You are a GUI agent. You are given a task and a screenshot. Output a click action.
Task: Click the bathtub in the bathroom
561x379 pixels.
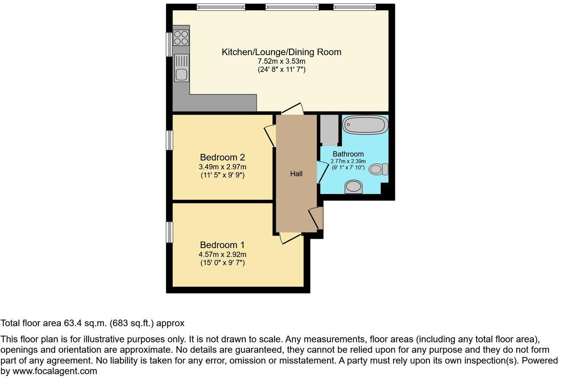(x=365, y=125)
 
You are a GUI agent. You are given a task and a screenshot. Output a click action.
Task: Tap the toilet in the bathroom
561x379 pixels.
(x=379, y=169)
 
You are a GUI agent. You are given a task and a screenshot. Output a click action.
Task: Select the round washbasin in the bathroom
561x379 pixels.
(x=354, y=186)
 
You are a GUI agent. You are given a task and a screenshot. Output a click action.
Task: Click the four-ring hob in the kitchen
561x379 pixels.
(x=181, y=38)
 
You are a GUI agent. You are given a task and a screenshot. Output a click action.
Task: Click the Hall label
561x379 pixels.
(x=296, y=174)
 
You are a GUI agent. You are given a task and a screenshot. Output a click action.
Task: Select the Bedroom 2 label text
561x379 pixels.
(x=222, y=157)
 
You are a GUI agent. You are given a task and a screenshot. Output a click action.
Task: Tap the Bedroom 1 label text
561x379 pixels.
(x=222, y=245)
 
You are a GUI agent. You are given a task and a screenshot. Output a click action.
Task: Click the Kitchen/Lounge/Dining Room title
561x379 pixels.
(x=281, y=52)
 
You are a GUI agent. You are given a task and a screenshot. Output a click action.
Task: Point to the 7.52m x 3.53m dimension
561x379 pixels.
(x=281, y=62)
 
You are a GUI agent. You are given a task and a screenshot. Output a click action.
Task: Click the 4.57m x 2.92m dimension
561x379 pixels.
(x=222, y=254)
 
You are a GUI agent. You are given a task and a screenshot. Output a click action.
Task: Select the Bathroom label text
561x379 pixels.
(x=348, y=154)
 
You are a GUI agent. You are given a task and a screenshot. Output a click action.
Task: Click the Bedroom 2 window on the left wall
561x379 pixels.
(x=170, y=140)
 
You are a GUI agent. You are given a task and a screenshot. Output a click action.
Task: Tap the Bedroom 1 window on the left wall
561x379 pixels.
(x=170, y=232)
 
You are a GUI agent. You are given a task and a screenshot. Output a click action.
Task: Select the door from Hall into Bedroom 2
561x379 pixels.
(x=271, y=135)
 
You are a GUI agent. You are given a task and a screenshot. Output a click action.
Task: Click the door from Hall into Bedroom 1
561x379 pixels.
(x=290, y=238)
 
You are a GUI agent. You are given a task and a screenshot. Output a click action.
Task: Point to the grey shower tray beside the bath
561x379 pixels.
(x=329, y=130)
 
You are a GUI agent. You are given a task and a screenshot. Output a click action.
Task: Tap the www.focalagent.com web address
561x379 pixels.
(x=55, y=371)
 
